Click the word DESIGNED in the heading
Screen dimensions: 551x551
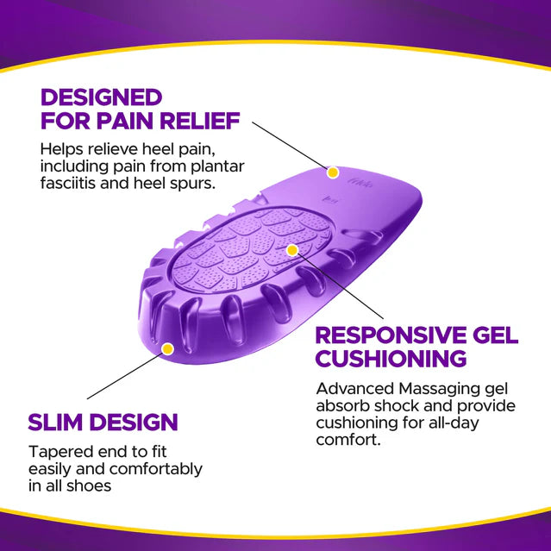101,96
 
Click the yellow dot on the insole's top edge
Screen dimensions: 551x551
333,172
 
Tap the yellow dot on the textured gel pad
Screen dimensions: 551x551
292,250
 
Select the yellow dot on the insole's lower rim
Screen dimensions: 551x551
168,348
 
